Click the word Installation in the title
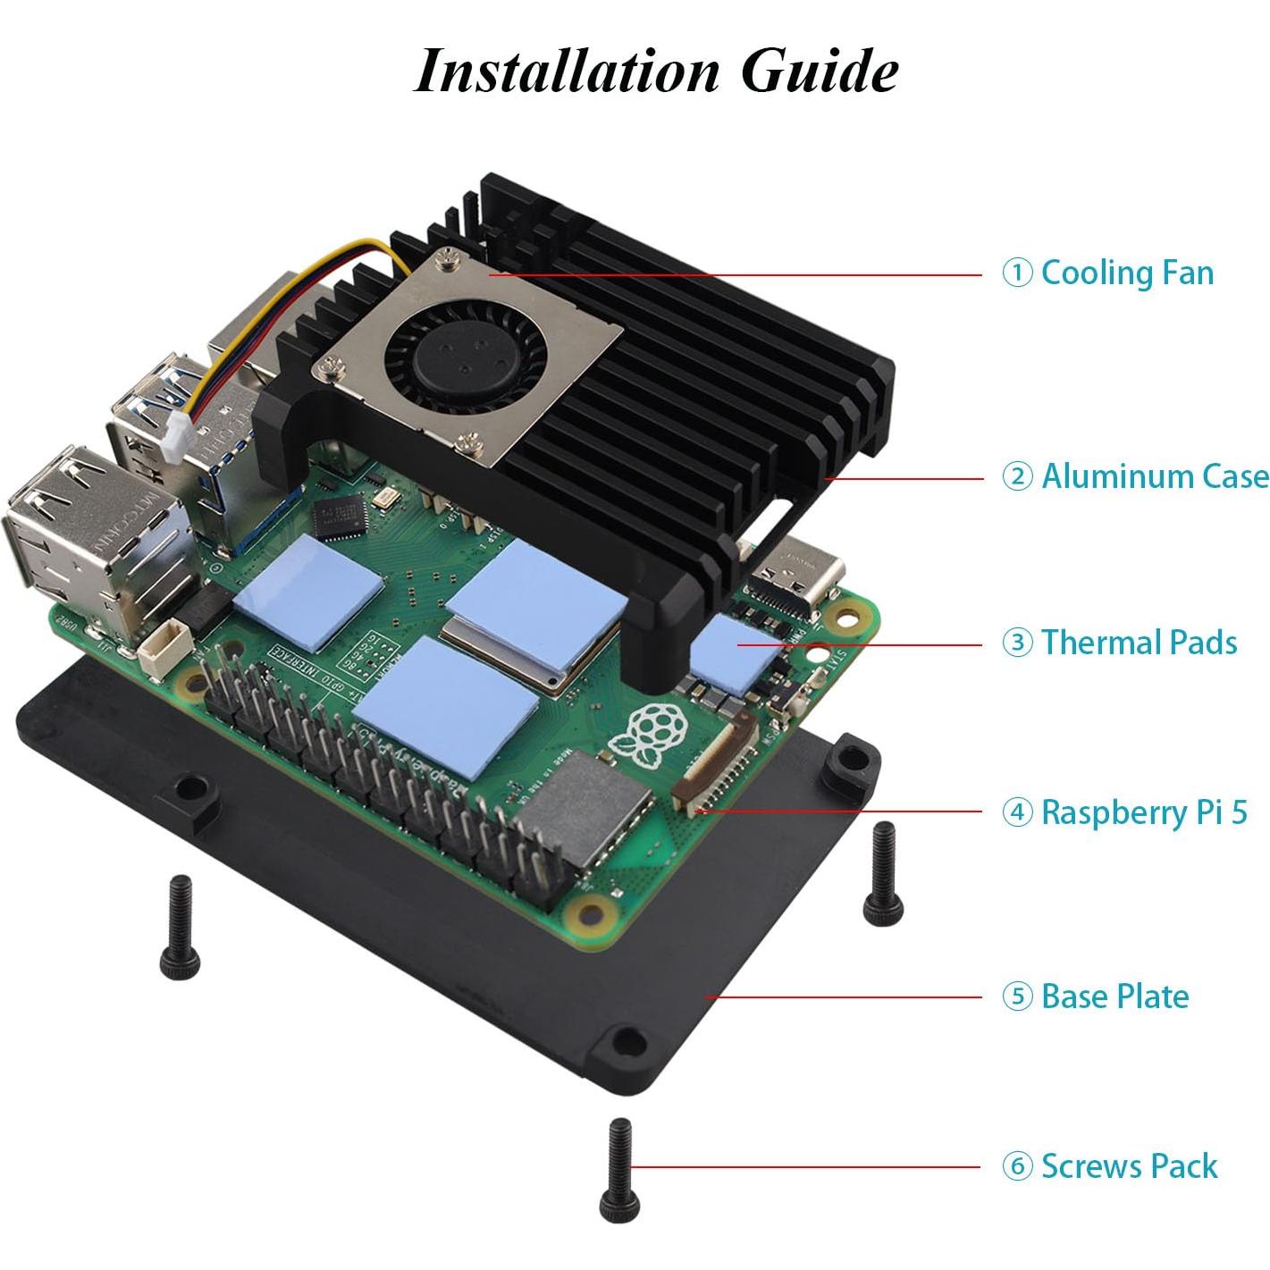click(567, 71)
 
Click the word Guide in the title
click(820, 71)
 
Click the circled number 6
click(1016, 1167)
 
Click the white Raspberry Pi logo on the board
click(650, 736)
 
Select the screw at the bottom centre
click(618, 1170)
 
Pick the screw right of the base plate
click(879, 871)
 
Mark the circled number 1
click(1016, 273)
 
